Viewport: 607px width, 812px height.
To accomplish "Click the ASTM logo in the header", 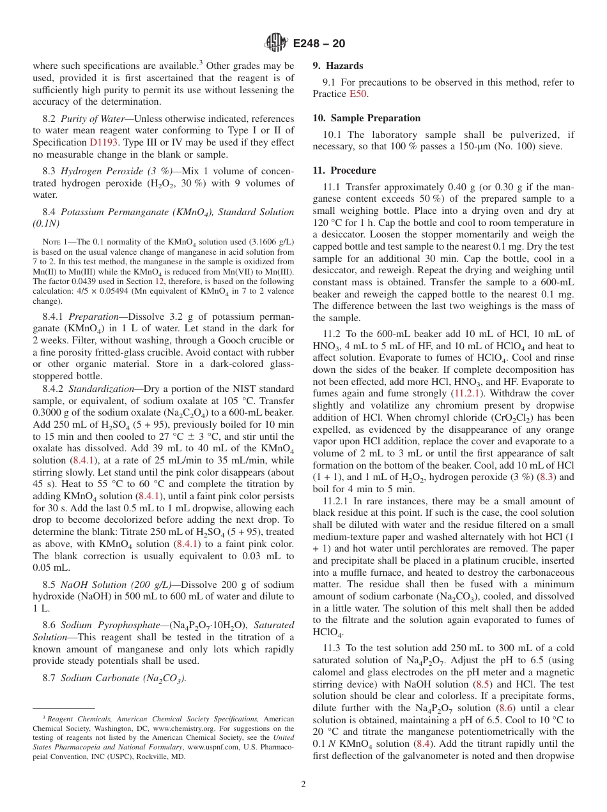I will [x=276, y=43].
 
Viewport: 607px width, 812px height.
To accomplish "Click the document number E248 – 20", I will [x=319, y=43].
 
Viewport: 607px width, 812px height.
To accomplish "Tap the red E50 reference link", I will [x=358, y=94].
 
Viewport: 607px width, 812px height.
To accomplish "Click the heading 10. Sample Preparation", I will [x=367, y=118].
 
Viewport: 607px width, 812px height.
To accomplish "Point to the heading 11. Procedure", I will [x=344, y=170].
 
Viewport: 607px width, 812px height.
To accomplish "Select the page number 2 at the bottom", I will [x=303, y=785].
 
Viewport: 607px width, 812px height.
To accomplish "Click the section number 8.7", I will [x=49, y=678].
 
